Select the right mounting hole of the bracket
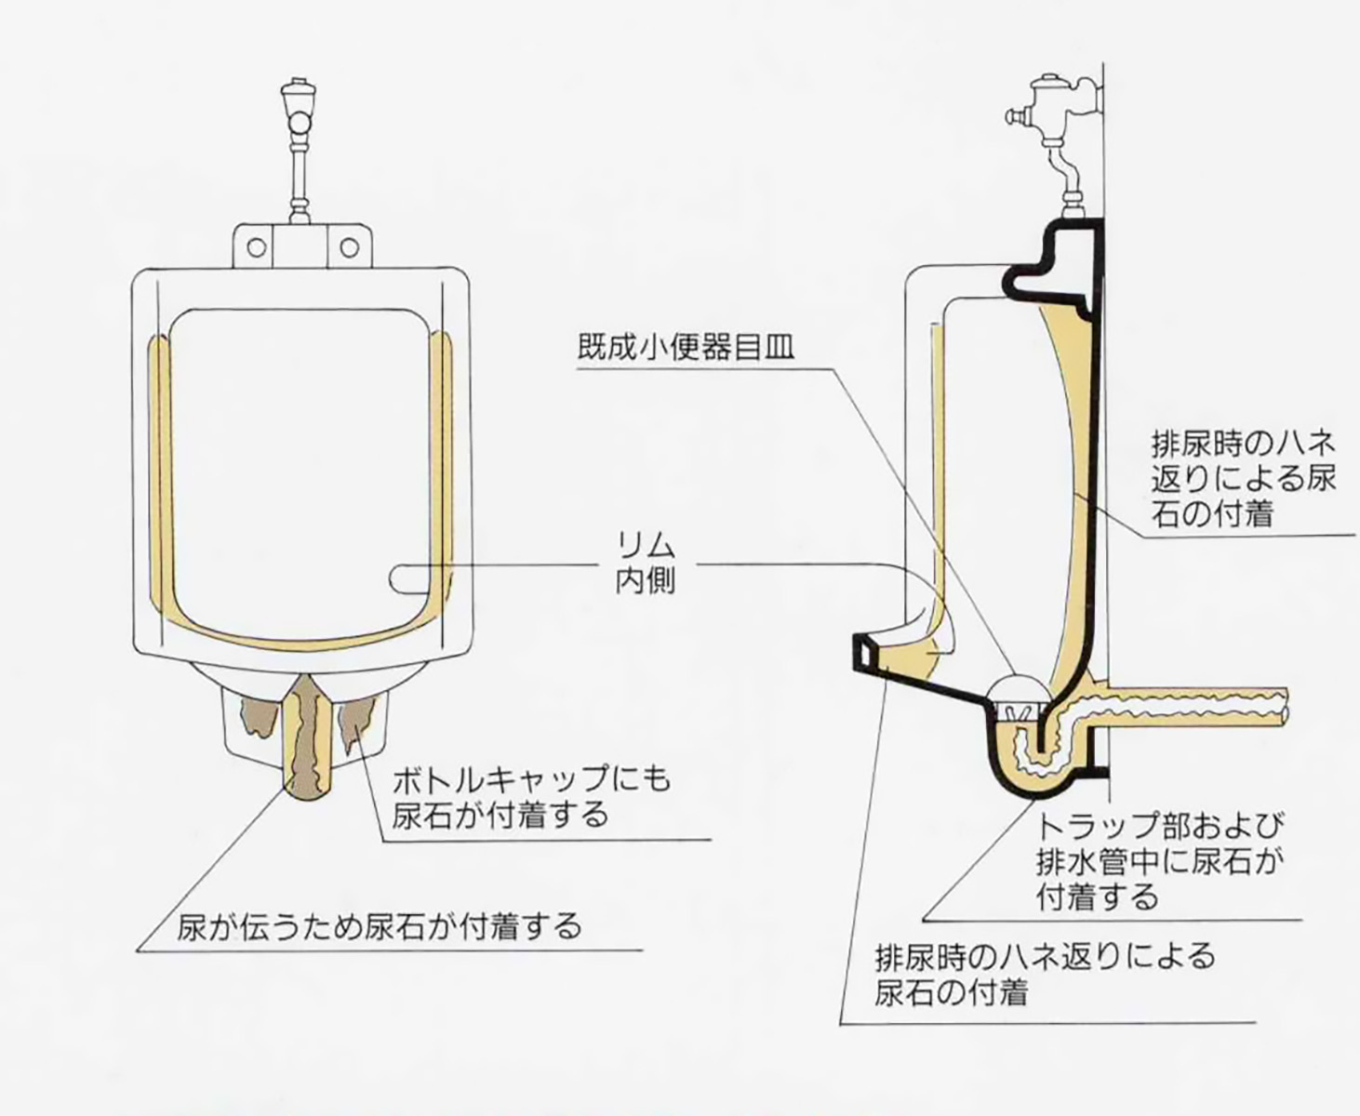[x=349, y=247]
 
